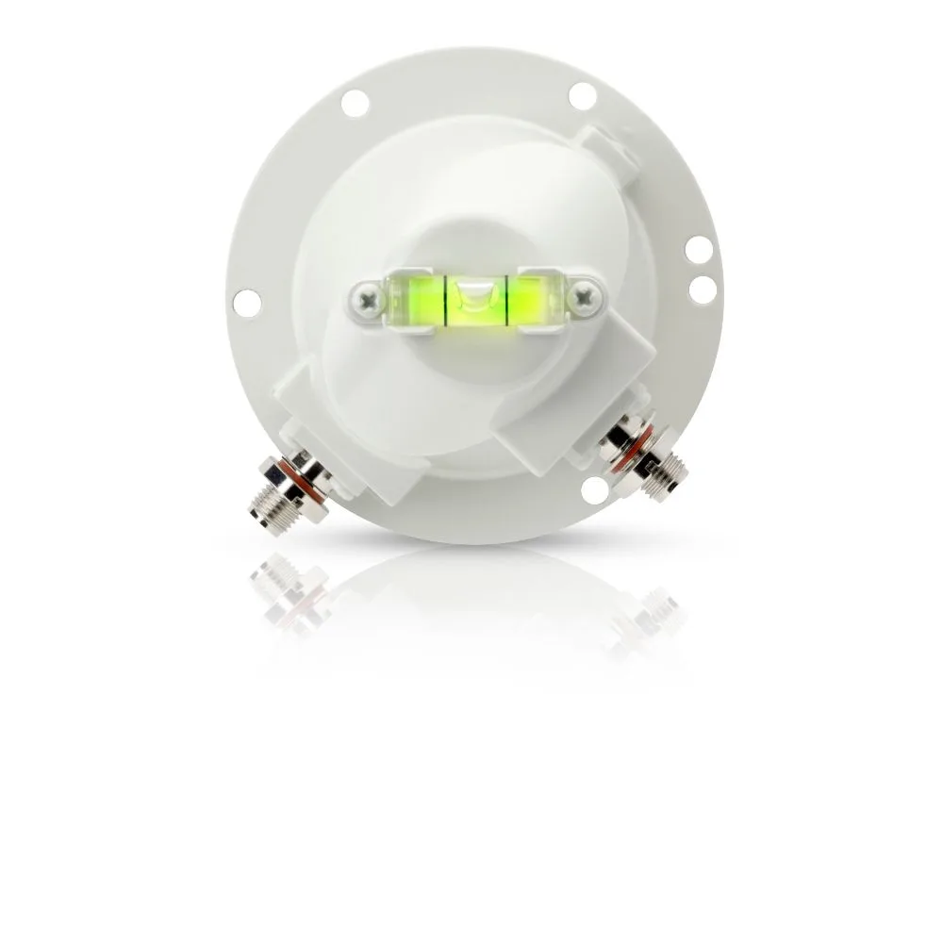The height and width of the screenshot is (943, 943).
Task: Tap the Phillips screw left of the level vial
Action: click(364, 302)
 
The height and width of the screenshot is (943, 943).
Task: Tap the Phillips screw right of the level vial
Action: click(588, 299)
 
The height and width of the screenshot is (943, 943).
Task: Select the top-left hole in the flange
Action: click(355, 103)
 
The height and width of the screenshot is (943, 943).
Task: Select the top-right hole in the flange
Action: click(583, 95)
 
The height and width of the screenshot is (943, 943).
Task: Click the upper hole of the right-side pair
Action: click(699, 250)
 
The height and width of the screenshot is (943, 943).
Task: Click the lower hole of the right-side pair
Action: click(702, 290)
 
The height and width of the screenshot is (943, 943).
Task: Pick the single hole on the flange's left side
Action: click(247, 302)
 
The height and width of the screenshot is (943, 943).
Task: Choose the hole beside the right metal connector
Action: click(595, 490)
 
